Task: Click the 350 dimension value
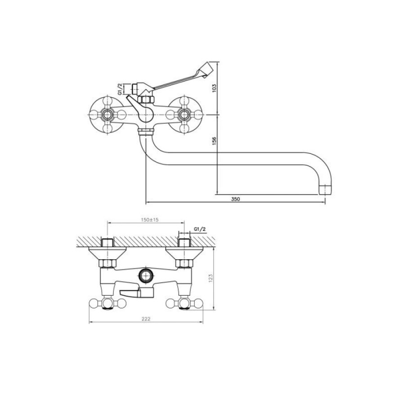[x=235, y=199]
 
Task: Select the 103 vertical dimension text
[x=214, y=88]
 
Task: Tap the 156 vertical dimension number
[x=214, y=140]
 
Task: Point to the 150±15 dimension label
[x=149, y=220]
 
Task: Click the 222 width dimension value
[x=146, y=319]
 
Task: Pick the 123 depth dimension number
[x=211, y=278]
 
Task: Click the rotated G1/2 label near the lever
[x=120, y=89]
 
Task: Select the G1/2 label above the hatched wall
[x=200, y=229]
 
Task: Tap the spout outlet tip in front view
[x=325, y=189]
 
